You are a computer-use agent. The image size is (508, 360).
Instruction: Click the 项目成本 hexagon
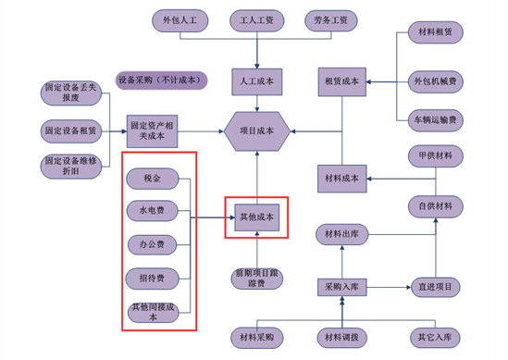pyautogui.click(x=256, y=131)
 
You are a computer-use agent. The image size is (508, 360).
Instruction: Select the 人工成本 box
pyautogui.click(x=257, y=81)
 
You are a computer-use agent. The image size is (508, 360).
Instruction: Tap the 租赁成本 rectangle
pyautogui.click(x=342, y=81)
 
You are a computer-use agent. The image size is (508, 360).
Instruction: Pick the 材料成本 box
pyautogui.click(x=342, y=179)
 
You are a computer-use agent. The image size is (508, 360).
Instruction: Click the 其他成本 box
pyautogui.click(x=257, y=217)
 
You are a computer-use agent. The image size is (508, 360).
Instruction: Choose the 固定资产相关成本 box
pyautogui.click(x=152, y=131)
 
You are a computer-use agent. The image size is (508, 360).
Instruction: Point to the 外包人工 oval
pyautogui.click(x=180, y=20)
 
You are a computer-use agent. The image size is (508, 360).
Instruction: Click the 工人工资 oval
pyautogui.click(x=257, y=20)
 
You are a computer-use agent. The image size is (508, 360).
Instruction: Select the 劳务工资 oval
pyautogui.click(x=331, y=20)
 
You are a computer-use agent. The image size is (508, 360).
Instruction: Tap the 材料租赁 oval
pyautogui.click(x=436, y=32)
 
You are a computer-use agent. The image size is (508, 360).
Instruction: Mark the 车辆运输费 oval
pyautogui.click(x=436, y=120)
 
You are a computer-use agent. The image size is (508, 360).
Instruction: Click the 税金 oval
pyautogui.click(x=153, y=179)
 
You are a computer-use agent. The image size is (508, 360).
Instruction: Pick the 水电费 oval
pyautogui.click(x=153, y=211)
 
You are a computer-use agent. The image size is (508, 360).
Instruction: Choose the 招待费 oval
pyautogui.click(x=153, y=279)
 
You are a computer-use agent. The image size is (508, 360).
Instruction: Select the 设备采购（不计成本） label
pyautogui.click(x=161, y=81)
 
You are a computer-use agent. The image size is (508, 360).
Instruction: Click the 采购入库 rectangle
pyautogui.click(x=342, y=288)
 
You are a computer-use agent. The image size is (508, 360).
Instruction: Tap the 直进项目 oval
pyautogui.click(x=436, y=288)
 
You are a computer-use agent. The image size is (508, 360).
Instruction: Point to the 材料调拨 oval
pyautogui.click(x=342, y=338)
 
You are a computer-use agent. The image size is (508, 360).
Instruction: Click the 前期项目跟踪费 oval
pyautogui.click(x=257, y=279)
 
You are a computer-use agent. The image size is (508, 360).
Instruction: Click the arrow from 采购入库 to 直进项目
pyautogui.click(x=389, y=288)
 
